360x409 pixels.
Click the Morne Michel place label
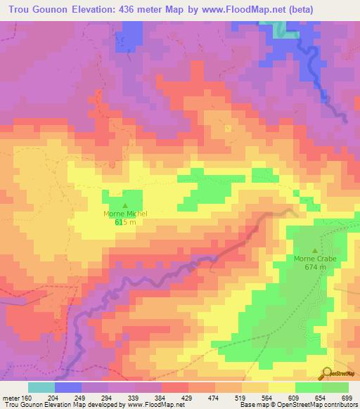(x=125, y=213)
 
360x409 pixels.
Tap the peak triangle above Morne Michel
(x=125, y=204)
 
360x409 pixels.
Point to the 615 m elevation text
(x=125, y=221)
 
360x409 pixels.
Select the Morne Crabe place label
(x=315, y=259)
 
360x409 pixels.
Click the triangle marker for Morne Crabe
(x=315, y=250)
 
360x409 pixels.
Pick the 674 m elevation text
(x=315, y=267)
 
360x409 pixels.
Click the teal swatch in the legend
(x=41, y=387)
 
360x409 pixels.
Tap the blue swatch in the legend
(x=68, y=387)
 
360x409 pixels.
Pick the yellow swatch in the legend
(x=281, y=387)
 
